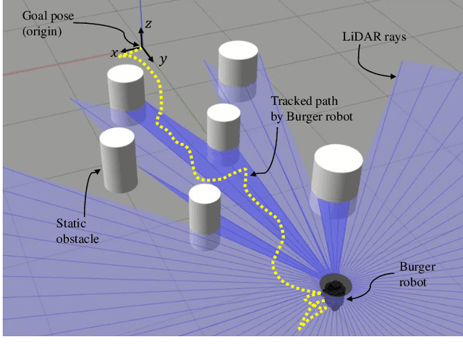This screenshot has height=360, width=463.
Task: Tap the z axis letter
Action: (148, 24)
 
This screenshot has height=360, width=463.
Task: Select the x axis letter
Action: (114, 52)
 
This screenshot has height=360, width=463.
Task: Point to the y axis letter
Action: (164, 61)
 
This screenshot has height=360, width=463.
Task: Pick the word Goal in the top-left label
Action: (16, 16)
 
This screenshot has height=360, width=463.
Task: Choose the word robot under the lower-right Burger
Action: (413, 281)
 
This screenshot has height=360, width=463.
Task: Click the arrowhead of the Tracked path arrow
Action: (245, 173)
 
